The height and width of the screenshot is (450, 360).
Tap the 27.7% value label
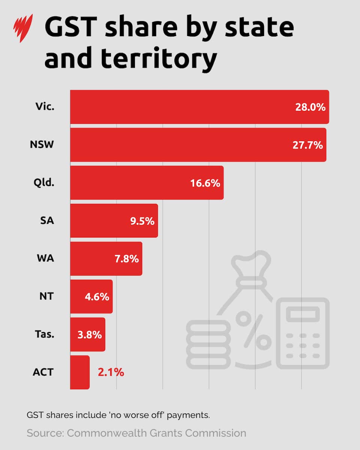(x=307, y=145)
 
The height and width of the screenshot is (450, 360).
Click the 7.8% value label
(x=126, y=259)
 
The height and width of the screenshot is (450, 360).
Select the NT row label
(x=46, y=296)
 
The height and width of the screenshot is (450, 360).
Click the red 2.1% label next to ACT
(x=111, y=372)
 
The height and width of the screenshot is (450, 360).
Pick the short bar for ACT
(x=79, y=372)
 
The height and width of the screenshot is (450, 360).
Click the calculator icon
(x=303, y=333)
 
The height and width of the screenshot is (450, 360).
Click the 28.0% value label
(x=310, y=107)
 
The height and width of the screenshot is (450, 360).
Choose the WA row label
(x=45, y=258)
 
